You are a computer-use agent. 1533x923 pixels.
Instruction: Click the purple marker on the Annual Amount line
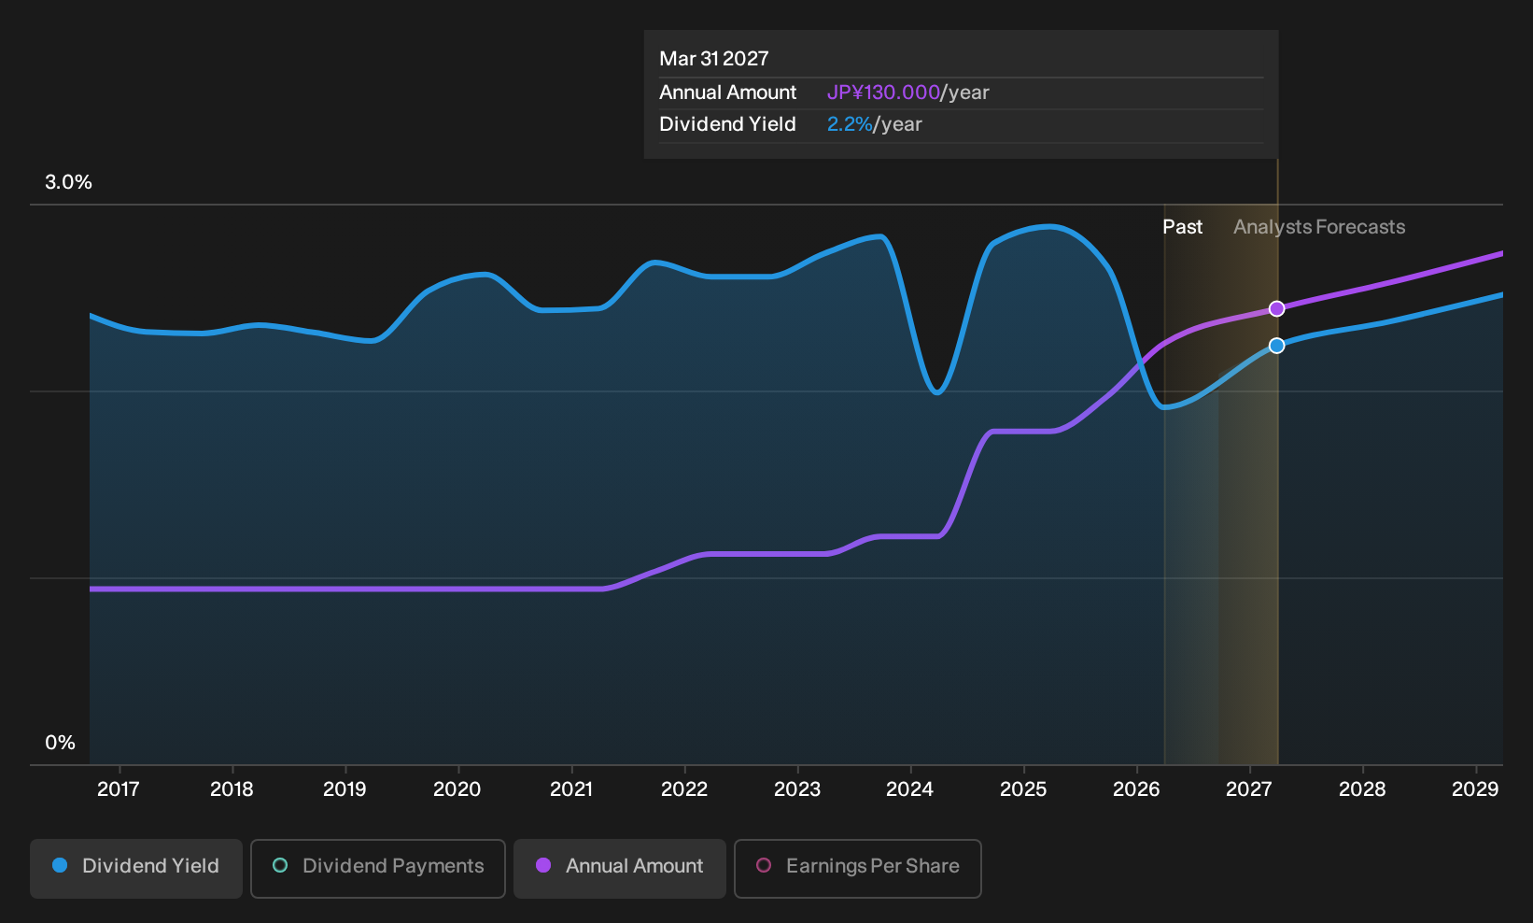[1276, 309]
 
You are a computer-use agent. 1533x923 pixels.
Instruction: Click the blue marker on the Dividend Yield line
[1276, 346]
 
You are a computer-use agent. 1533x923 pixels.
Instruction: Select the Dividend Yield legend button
[136, 868]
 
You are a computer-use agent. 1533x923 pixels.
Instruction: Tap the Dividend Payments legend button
[378, 868]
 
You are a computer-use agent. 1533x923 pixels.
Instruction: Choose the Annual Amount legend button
[619, 868]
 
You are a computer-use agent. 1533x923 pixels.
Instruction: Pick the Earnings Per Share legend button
[857, 868]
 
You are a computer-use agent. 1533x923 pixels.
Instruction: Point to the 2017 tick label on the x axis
[119, 789]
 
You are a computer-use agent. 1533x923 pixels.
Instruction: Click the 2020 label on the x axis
[457, 789]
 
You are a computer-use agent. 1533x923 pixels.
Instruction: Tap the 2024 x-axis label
[909, 789]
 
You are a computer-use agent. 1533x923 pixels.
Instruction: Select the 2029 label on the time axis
[1475, 789]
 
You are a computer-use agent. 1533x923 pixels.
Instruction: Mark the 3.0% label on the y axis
[68, 182]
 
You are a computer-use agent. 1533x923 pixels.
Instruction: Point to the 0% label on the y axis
[61, 743]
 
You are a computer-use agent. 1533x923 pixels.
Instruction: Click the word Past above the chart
[1183, 227]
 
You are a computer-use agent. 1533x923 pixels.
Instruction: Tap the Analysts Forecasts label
[1319, 227]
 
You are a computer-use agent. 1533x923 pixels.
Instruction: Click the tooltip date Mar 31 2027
[714, 59]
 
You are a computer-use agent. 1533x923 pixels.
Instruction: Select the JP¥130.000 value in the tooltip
[883, 92]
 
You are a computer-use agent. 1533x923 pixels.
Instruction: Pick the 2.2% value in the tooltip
[850, 124]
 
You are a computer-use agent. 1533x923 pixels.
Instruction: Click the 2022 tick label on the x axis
[683, 789]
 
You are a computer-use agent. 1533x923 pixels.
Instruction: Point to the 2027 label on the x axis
[1249, 789]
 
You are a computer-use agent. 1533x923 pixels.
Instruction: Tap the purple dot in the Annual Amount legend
[543, 865]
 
